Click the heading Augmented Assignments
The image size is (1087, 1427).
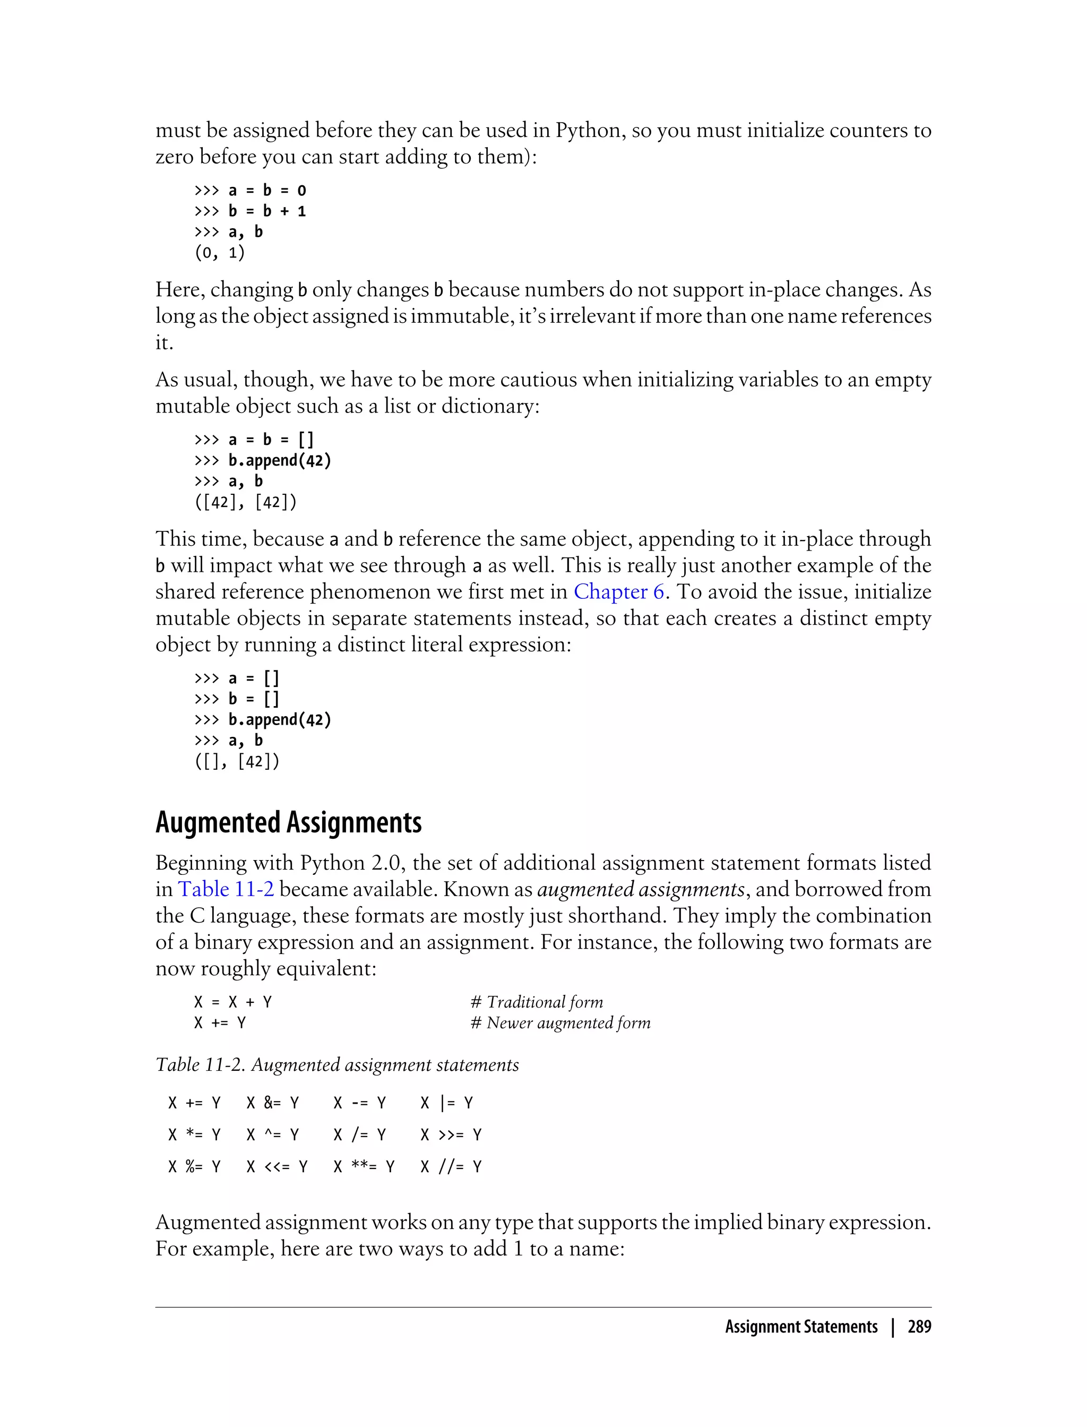(289, 822)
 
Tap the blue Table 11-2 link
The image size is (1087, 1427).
(226, 889)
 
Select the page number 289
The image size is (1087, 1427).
(919, 1327)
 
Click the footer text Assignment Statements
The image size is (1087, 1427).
(801, 1327)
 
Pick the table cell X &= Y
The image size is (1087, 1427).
(272, 1103)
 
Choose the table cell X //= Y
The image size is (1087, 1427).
(451, 1167)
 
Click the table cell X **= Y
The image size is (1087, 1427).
(364, 1167)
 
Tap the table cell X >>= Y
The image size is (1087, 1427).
(451, 1134)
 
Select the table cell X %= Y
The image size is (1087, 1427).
(194, 1167)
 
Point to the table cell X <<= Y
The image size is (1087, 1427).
(277, 1167)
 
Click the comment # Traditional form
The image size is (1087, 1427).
(537, 1002)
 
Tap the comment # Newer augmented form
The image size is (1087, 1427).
(560, 1022)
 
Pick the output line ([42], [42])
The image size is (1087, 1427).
(246, 502)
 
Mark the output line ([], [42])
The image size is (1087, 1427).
(237, 762)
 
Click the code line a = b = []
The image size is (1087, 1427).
(271, 440)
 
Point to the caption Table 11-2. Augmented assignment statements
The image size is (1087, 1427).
(337, 1064)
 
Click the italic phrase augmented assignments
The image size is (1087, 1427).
(641, 889)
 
